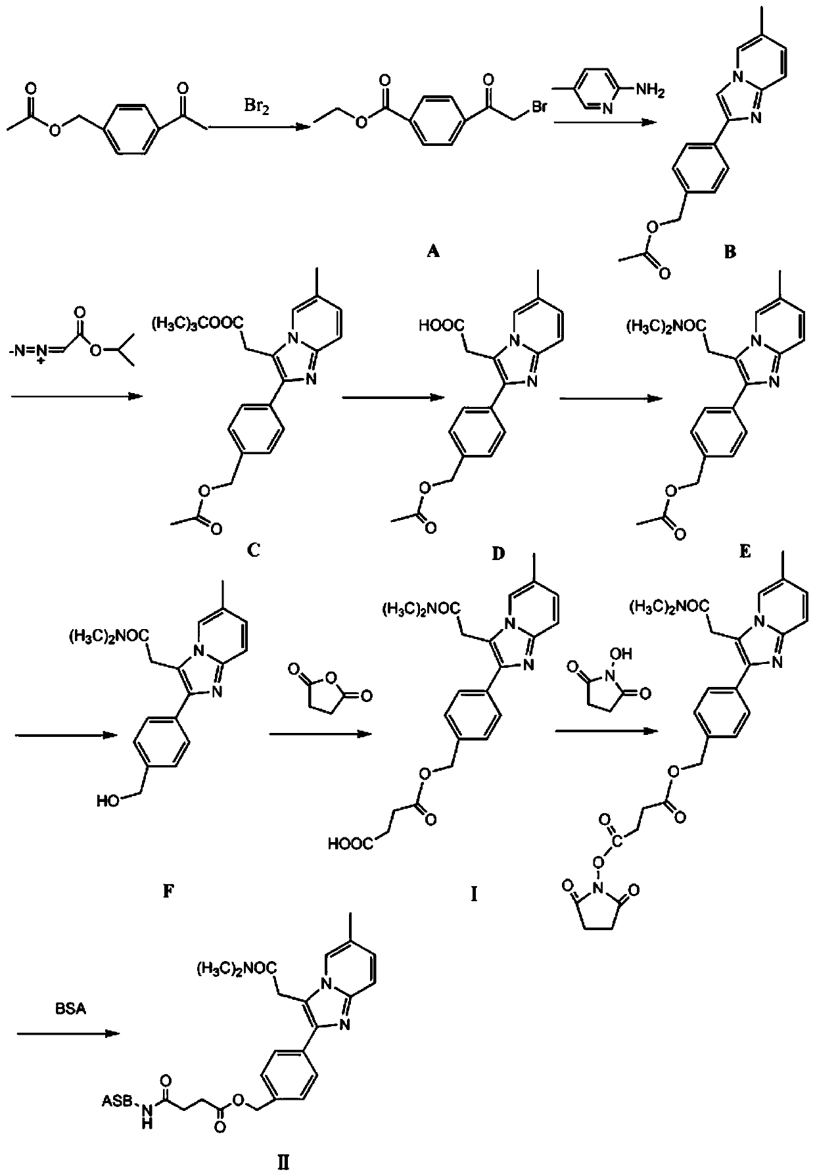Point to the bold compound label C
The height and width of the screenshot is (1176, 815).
pyautogui.click(x=253, y=550)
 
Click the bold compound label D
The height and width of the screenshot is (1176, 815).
pyautogui.click(x=498, y=553)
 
